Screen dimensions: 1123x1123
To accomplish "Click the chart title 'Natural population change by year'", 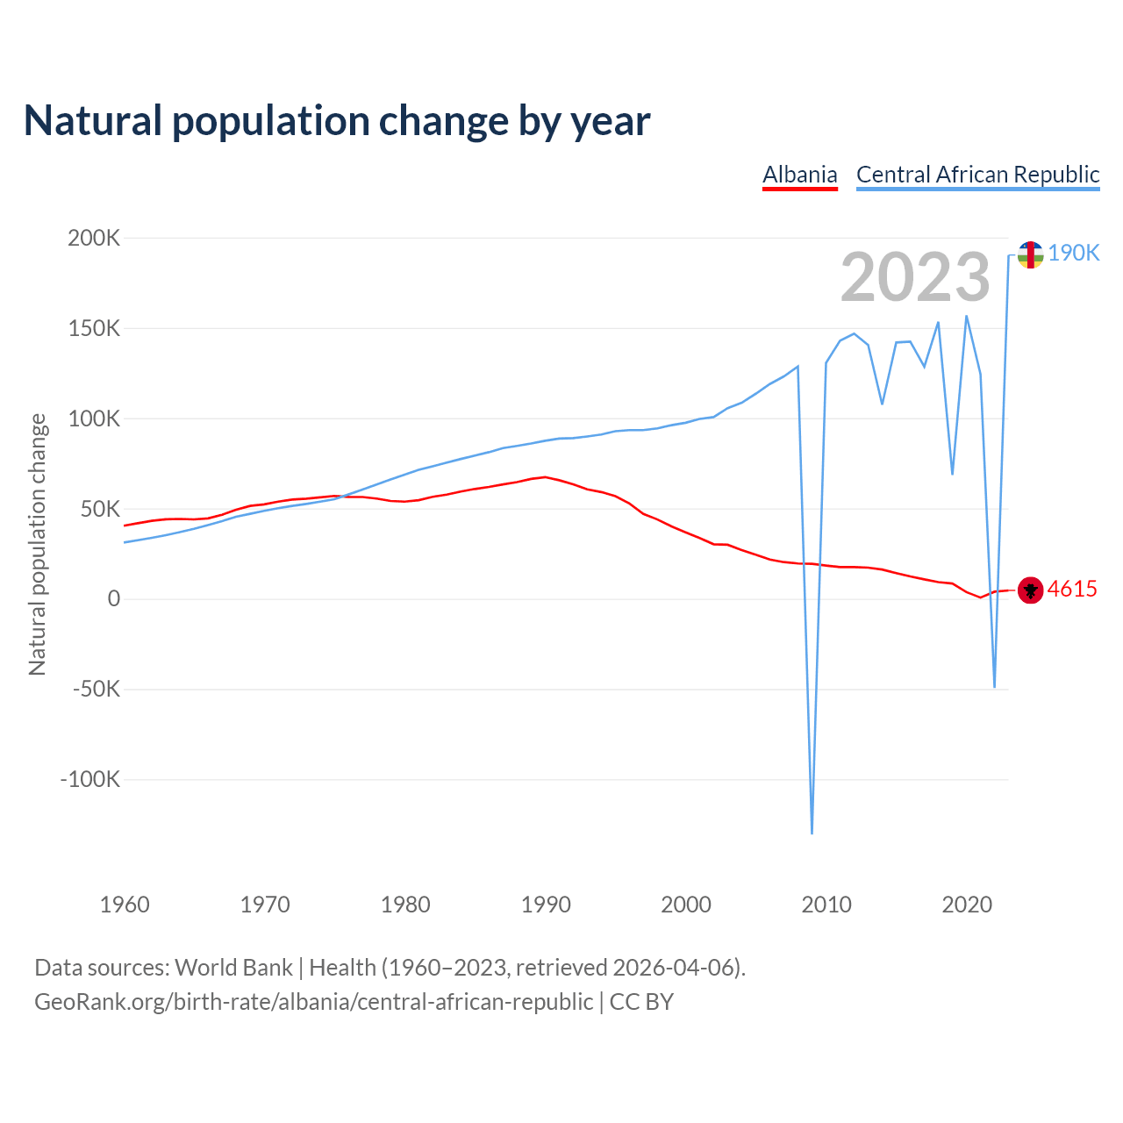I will tap(337, 121).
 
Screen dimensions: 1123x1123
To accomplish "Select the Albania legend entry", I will tap(799, 175).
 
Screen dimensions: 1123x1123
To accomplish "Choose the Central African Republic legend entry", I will tap(977, 175).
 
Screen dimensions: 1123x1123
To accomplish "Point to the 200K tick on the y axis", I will tap(94, 238).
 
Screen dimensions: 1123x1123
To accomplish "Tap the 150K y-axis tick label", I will tap(94, 328).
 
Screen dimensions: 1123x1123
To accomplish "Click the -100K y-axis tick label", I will tap(89, 779).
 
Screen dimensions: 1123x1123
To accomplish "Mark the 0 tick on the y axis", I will tap(113, 599).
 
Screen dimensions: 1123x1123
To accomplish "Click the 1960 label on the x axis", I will tap(125, 905).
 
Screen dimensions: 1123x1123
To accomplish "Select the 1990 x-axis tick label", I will tap(546, 905).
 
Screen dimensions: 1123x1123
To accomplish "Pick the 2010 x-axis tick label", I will tap(826, 905).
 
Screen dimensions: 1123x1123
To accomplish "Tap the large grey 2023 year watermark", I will tap(915, 277).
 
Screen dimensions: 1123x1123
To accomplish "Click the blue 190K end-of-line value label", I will tap(1073, 253).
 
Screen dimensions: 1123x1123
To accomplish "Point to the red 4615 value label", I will tap(1072, 589).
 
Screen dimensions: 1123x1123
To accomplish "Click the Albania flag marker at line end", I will tap(1030, 590).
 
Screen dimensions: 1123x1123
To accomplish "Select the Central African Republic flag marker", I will tap(1030, 254).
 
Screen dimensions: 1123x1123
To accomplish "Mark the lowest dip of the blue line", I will tap(812, 833).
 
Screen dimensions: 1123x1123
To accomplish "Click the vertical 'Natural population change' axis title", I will tap(37, 545).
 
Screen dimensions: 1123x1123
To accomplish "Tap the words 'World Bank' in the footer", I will tap(233, 968).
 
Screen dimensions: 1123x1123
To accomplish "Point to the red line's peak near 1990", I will tap(545, 477).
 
